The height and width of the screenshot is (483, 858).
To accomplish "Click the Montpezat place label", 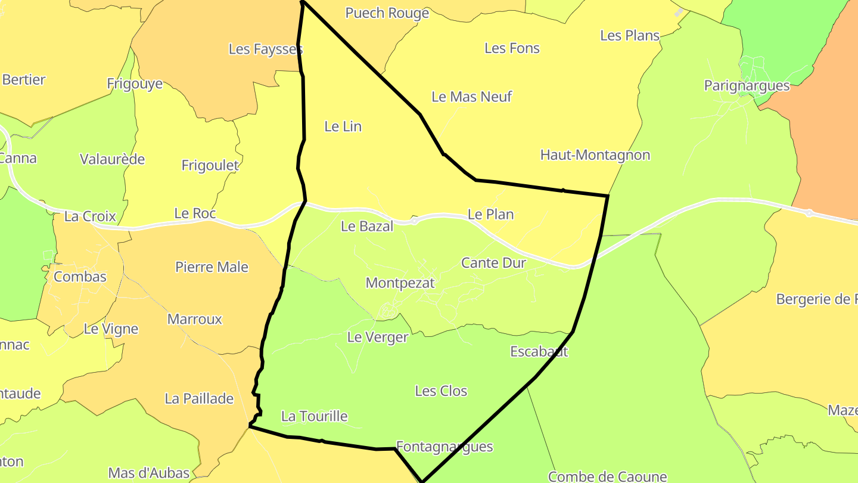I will point(400,283).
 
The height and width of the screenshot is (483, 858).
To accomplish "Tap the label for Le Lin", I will point(343,126).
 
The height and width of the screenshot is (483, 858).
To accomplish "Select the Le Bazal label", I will point(367,226).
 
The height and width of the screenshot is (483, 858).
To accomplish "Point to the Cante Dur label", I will point(493,262).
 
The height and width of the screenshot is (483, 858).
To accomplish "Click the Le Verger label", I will point(377,338).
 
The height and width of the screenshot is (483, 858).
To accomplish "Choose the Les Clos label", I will point(441,391).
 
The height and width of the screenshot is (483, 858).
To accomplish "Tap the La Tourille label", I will point(314,416).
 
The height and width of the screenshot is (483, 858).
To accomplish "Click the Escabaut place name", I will point(539,352).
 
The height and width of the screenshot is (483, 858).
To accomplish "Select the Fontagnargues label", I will point(444,447).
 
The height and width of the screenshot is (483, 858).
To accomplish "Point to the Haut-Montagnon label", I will point(595,155).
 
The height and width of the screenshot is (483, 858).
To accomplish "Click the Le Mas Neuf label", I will point(471,97).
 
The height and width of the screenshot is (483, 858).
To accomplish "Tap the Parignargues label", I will point(747,86).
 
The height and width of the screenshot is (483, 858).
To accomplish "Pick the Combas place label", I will point(80,277).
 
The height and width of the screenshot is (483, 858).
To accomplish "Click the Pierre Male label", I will point(212,267).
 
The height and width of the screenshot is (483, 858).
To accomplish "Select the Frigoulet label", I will point(210,166).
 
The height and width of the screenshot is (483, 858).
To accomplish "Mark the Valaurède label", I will point(112,159).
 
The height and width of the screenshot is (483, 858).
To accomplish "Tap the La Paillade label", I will point(199,399).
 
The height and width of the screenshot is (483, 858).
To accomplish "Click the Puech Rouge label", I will point(387,13).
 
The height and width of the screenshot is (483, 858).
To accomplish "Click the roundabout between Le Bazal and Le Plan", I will point(414,221).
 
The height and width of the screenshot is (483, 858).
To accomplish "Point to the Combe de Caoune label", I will point(607,476).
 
